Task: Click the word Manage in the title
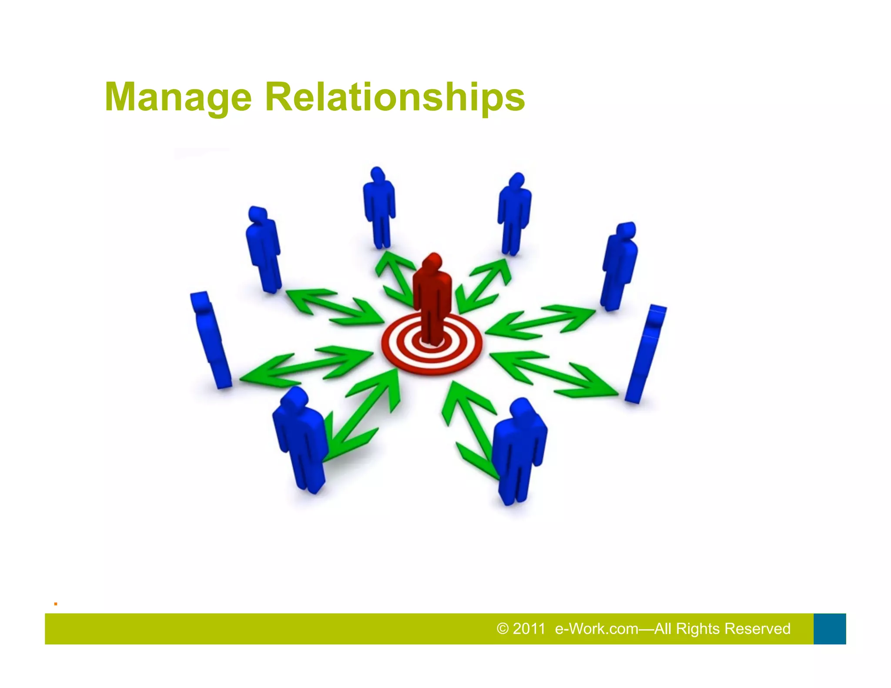tap(178, 97)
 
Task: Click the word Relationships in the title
tap(395, 97)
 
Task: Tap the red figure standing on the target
tap(432, 300)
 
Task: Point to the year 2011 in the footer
tap(529, 629)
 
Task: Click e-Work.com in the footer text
tap(596, 629)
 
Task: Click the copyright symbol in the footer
tap(502, 629)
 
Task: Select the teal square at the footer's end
tap(829, 629)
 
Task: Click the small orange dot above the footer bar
tap(56, 604)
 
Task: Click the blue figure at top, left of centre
tap(379, 207)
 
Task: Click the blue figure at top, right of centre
tap(514, 213)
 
